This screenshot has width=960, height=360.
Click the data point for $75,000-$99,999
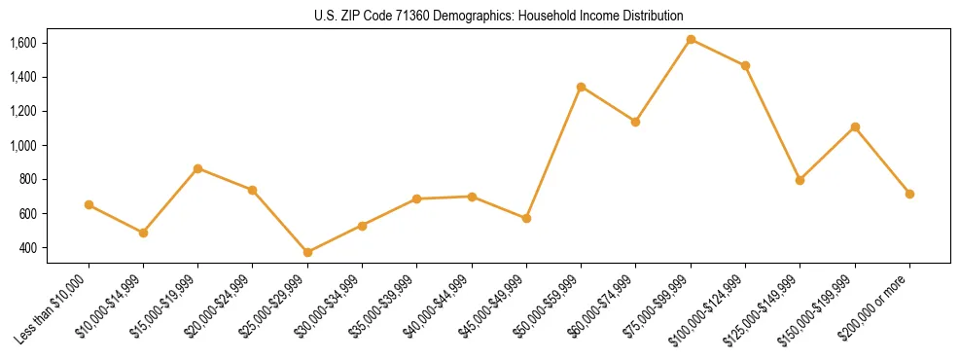tap(691, 39)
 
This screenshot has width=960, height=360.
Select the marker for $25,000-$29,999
tap(307, 252)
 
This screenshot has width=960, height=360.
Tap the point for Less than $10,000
tap(89, 204)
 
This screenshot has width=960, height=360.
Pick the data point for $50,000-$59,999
tap(581, 87)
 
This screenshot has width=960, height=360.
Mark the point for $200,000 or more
tap(909, 194)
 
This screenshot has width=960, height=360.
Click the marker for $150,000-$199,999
tap(855, 126)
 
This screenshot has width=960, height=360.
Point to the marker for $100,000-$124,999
tap(745, 65)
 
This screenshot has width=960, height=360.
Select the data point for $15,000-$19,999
tap(197, 168)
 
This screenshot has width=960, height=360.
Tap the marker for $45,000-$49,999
tap(526, 218)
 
